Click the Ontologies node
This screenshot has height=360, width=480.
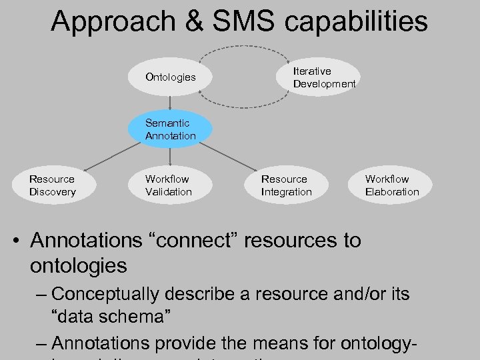(x=171, y=77)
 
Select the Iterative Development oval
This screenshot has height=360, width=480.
(x=324, y=77)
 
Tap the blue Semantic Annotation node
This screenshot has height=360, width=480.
(x=171, y=129)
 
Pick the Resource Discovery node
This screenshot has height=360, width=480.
(x=53, y=185)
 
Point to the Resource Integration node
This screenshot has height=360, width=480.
(x=286, y=185)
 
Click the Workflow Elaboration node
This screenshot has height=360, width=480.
(x=392, y=185)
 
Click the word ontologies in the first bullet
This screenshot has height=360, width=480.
(x=79, y=265)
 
